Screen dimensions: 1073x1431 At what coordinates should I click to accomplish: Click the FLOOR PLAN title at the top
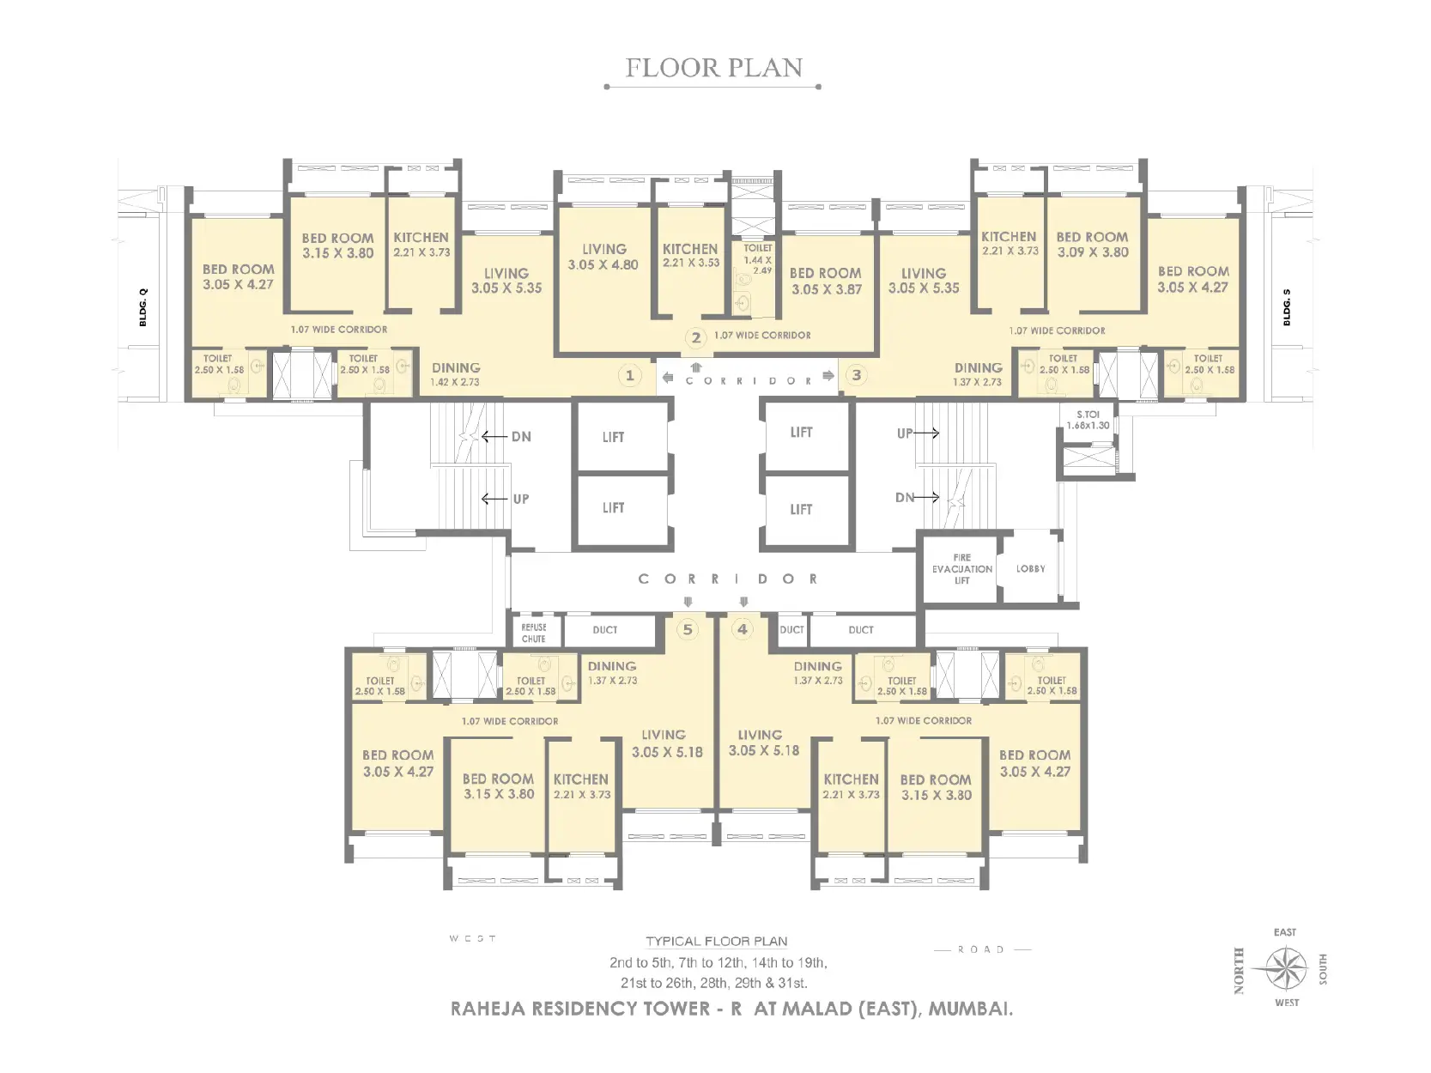(x=713, y=68)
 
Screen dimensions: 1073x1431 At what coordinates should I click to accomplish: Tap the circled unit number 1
(x=630, y=375)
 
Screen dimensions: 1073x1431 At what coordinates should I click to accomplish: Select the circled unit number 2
(x=696, y=337)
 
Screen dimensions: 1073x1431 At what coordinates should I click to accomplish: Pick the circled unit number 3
(x=856, y=375)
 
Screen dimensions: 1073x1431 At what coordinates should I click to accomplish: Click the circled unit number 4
(x=743, y=629)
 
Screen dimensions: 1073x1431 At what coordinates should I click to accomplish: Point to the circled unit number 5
(x=687, y=629)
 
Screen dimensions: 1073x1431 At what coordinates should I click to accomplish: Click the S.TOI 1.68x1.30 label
(x=1088, y=420)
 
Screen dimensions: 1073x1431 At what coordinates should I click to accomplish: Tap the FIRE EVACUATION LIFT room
(x=961, y=568)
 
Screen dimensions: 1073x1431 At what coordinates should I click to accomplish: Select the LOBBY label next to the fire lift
(x=1030, y=568)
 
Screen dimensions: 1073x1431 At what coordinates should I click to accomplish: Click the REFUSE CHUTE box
(x=534, y=633)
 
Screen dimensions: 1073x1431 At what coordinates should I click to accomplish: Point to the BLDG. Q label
(x=143, y=307)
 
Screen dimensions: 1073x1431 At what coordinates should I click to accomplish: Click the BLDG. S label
(x=1287, y=307)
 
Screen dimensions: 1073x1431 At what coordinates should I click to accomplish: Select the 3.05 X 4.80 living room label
(x=603, y=257)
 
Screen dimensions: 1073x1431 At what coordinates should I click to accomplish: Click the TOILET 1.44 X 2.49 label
(x=757, y=258)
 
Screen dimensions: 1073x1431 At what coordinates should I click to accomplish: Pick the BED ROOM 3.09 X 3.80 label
(x=1092, y=244)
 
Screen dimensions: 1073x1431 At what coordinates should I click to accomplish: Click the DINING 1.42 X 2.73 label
(x=456, y=374)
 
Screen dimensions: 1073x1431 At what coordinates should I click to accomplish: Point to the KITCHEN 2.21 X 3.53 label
(x=690, y=255)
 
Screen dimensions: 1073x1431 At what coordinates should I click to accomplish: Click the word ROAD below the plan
(x=981, y=949)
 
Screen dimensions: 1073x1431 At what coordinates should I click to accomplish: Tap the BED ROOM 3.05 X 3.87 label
(x=826, y=281)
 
